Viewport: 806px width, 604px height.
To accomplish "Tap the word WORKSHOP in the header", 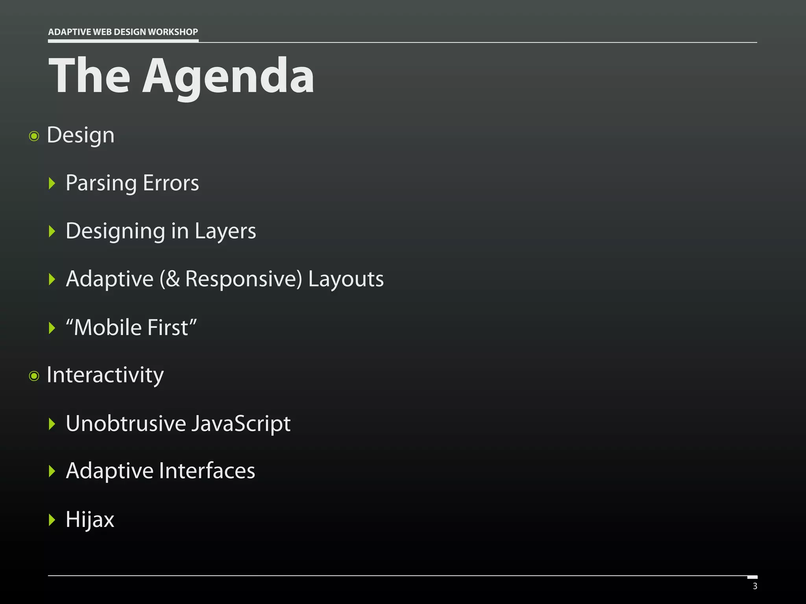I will click(x=173, y=32).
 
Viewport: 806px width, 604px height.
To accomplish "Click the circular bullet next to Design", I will click(x=34, y=136).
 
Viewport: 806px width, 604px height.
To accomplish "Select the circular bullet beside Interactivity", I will click(x=34, y=376).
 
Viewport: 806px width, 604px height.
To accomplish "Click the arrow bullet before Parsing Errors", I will click(x=52, y=183).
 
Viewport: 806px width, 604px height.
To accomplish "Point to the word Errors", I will click(x=171, y=183).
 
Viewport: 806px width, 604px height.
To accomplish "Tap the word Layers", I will click(x=225, y=231).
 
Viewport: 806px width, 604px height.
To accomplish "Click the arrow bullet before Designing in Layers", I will click(x=52, y=231).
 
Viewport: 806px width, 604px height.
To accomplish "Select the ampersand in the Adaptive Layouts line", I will click(x=173, y=279).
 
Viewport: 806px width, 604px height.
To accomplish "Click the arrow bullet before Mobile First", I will click(x=52, y=328).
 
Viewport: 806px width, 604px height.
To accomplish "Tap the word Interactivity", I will click(x=105, y=375).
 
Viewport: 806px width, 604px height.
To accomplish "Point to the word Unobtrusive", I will click(x=126, y=424).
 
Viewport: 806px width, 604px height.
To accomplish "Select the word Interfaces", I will click(x=207, y=471).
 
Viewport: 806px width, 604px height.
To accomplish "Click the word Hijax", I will click(x=90, y=519).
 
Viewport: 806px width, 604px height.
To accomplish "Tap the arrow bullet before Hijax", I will click(x=52, y=519).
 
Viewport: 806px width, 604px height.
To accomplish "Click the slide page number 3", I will click(x=755, y=586).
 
